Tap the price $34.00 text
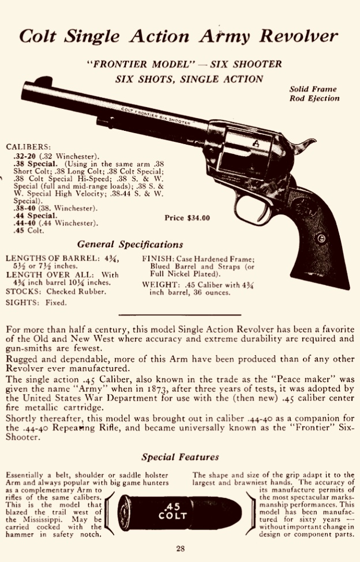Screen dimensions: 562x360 187,218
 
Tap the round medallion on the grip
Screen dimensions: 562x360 321,238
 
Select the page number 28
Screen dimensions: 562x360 180,549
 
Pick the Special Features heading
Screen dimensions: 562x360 180,458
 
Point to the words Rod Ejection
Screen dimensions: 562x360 315,99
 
